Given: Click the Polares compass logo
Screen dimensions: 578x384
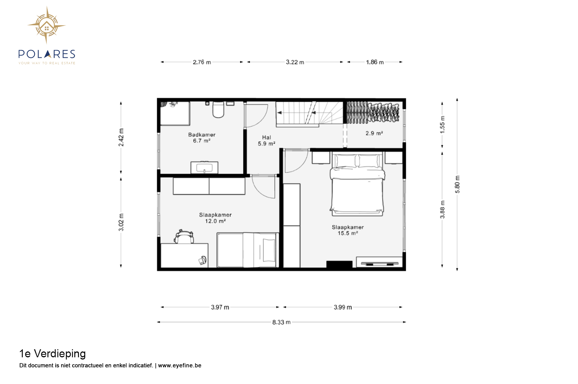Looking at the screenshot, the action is pos(47,25).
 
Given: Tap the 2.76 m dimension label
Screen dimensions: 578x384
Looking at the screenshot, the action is pos(202,62).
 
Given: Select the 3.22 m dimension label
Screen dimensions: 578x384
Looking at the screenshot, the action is pos(294,62).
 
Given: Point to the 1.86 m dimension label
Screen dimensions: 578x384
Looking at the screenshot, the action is pos(375,62).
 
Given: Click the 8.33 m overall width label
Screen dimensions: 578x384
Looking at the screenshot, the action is pos(281,322).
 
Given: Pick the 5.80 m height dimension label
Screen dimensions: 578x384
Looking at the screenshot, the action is pos(457,185).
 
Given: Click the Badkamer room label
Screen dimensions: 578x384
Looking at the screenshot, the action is pos(201,135).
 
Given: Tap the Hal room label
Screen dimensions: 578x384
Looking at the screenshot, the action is pos(267,138).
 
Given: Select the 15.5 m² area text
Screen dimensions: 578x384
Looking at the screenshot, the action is pos(348,233).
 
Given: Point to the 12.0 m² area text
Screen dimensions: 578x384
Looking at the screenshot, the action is pos(215,221).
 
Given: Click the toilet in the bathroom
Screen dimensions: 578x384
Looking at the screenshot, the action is pos(218,109).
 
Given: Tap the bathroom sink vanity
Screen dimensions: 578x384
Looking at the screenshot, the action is pos(204,168).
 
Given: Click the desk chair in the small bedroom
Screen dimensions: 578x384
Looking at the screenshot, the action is pos(184,237).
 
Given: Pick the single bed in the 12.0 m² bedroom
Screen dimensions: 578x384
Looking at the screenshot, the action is pos(248,250).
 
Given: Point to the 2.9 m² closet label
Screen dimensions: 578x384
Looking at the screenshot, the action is pos(374,133).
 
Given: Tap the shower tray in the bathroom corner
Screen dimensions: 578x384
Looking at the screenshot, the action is pos(175,113).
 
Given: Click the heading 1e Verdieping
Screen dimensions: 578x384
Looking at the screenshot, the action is pos(52,354).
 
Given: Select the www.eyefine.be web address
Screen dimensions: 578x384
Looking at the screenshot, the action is pos(179,365).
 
